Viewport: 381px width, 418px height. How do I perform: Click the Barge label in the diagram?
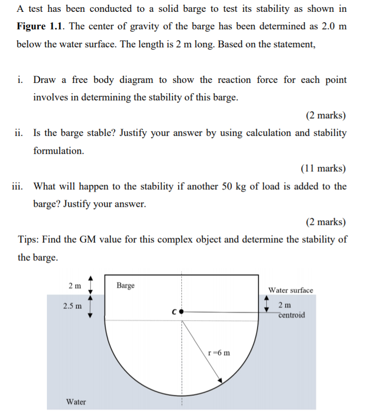point(125,285)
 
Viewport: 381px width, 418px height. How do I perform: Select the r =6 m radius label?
point(220,353)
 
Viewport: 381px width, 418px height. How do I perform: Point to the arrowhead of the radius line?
point(220,381)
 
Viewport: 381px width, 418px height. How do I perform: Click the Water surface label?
point(290,290)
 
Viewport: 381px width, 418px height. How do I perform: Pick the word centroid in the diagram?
point(292,315)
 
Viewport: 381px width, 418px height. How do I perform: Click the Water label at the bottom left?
point(76,402)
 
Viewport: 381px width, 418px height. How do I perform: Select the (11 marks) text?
point(323,168)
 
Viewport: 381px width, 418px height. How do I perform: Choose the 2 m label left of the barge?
point(75,285)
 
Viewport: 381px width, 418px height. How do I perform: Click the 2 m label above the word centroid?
point(285,305)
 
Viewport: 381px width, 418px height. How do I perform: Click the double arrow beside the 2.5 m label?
point(91,306)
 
